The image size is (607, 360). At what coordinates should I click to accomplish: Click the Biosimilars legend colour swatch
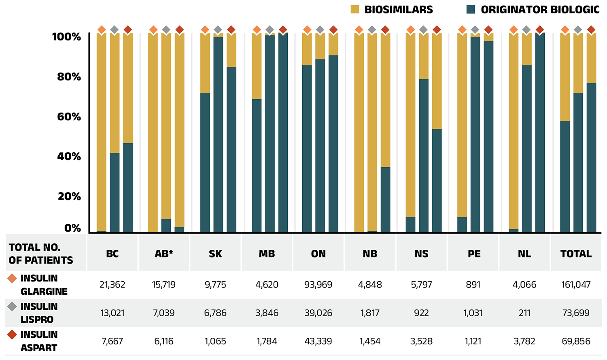click(355, 9)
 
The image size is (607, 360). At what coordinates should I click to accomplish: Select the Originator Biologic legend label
click(540, 9)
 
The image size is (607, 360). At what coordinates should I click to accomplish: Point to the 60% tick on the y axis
click(69, 117)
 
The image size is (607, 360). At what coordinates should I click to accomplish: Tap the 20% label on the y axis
click(69, 196)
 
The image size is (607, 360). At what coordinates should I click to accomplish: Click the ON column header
click(318, 254)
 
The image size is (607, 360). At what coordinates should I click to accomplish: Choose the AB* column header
click(164, 254)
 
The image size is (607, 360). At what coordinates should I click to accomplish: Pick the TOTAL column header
click(576, 254)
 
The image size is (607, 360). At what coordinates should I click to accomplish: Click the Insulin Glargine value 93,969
click(318, 285)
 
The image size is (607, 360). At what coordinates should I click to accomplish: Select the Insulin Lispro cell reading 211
click(524, 313)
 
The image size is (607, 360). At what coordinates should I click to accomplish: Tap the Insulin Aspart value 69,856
click(576, 341)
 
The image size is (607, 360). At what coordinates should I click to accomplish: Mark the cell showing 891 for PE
click(473, 285)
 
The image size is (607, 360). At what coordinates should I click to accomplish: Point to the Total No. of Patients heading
click(41, 254)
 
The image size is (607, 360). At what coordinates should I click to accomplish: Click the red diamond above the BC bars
click(128, 30)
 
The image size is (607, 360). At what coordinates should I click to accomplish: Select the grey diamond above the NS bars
click(423, 30)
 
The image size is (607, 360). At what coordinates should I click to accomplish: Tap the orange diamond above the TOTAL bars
click(565, 30)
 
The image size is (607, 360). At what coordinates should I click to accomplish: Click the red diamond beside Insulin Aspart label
click(12, 335)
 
